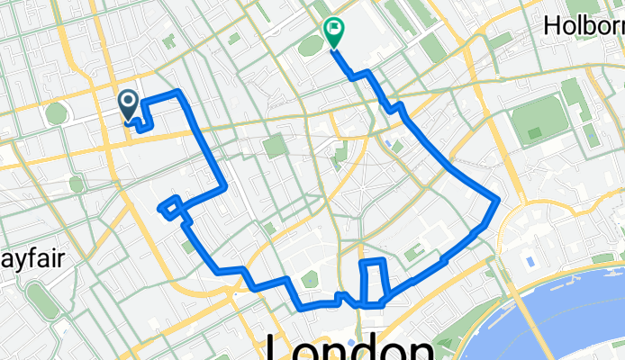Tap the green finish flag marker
(x=334, y=32)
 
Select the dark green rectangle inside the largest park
(x=535, y=133)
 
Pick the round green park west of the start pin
(x=57, y=114)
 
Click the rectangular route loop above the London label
(x=374, y=281)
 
